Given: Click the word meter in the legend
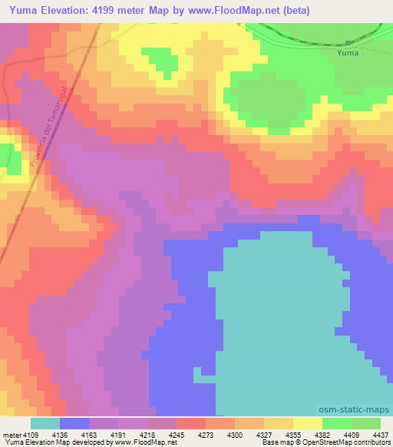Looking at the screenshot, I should (x=12, y=434).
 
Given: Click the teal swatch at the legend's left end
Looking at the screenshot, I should (x=45, y=423).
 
